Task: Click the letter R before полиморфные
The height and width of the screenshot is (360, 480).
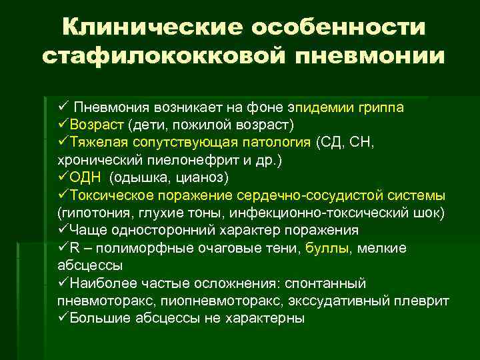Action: [73, 248]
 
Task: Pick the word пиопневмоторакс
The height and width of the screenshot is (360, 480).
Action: [233, 301]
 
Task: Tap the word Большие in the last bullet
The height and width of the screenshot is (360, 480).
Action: [99, 318]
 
